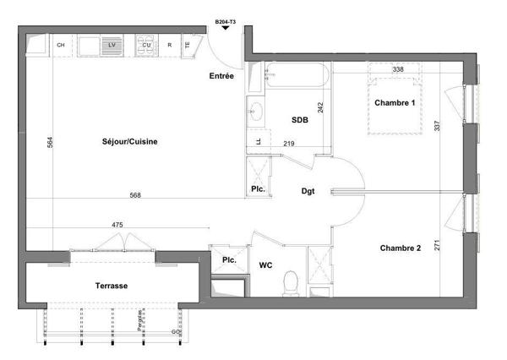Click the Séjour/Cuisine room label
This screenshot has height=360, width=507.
point(124,141)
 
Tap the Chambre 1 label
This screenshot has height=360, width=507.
point(395,103)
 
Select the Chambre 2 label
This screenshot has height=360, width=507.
point(400,248)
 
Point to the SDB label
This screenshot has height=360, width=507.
point(300,120)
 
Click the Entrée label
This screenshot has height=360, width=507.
point(221,77)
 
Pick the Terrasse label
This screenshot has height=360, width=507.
point(111,286)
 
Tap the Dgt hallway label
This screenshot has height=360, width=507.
point(308,192)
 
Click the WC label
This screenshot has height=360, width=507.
point(265,265)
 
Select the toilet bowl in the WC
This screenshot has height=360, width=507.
point(291,281)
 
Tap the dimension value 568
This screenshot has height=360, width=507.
point(134,195)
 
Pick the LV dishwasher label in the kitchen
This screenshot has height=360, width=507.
point(111,45)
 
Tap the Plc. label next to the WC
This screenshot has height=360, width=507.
point(228,260)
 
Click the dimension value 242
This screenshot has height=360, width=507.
point(321,107)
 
